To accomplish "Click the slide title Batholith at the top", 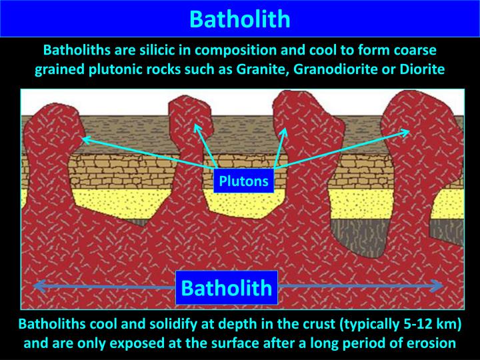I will [239, 18].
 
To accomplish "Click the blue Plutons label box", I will [243, 181].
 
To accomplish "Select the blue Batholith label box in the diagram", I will [227, 288].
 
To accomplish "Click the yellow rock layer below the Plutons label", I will [243, 203].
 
